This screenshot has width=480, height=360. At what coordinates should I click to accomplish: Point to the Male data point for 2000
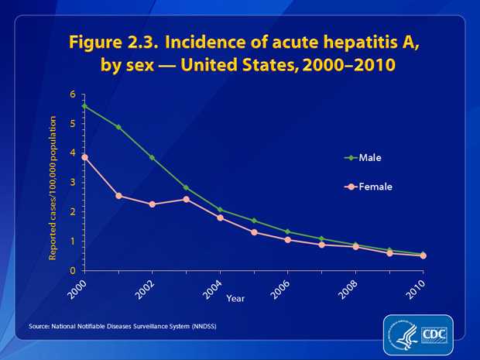click(x=84, y=106)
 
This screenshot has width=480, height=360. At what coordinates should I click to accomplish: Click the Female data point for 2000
click(x=84, y=157)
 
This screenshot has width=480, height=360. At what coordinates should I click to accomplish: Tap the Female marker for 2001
click(x=118, y=195)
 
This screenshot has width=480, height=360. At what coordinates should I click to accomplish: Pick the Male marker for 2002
click(x=152, y=157)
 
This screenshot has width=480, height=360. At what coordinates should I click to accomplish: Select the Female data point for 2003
click(x=186, y=199)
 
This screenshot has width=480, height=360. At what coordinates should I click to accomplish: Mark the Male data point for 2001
click(x=118, y=126)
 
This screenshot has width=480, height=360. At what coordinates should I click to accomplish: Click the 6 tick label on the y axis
click(x=72, y=94)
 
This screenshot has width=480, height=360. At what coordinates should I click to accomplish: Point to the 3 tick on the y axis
click(x=72, y=183)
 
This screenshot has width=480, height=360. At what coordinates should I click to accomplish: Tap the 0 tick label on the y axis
click(x=72, y=271)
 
